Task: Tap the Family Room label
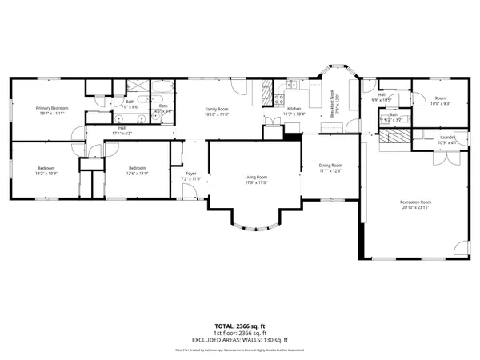coord(216,109)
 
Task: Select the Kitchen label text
coord(294,109)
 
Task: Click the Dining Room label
coord(330,165)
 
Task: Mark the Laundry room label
coord(447,137)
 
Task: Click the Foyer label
coord(191,174)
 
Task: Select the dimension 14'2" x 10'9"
coord(45,173)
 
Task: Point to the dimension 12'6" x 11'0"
coord(137,173)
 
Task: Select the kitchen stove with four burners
coord(280,100)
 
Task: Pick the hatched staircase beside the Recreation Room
coord(394,137)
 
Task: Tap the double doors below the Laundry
coord(443,157)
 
